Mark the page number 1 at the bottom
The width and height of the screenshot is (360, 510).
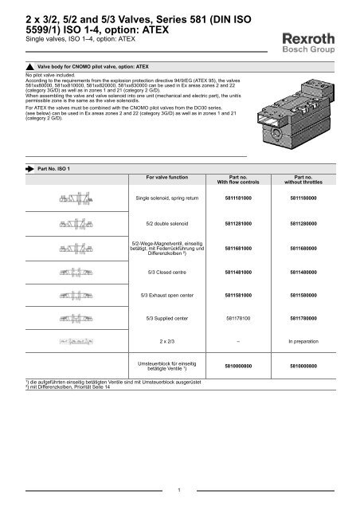pos(180,488)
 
